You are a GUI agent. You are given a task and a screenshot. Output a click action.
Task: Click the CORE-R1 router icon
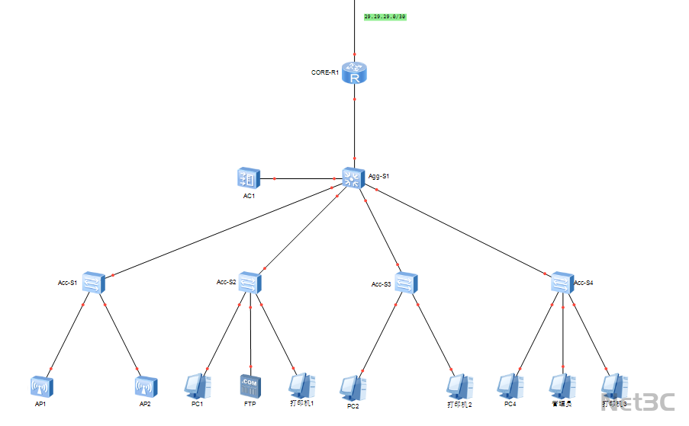355,72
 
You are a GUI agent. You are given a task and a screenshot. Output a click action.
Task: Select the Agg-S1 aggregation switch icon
354,178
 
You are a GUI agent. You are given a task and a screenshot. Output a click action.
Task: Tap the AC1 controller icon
249,178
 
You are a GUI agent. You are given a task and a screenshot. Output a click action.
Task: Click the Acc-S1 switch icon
94,283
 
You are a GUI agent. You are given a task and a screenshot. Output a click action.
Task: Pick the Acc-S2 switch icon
250,283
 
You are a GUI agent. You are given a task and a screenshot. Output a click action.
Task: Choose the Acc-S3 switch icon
406,283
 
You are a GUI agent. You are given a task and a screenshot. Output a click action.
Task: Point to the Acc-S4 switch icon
562,283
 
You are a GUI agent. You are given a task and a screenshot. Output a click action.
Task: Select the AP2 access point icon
146,386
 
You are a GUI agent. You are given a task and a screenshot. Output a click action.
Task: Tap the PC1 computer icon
197,386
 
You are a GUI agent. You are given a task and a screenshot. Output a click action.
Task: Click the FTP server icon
250,386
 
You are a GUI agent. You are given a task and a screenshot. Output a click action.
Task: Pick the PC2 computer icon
353,388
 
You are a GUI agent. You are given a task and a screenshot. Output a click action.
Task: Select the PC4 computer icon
510,386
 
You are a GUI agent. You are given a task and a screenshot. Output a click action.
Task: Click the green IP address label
385,16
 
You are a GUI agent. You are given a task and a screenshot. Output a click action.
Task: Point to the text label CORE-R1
324,72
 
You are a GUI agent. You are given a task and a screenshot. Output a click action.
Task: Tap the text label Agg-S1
379,176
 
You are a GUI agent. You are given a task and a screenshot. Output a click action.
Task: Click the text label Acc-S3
381,284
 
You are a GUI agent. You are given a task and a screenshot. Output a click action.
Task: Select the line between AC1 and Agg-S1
301,179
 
